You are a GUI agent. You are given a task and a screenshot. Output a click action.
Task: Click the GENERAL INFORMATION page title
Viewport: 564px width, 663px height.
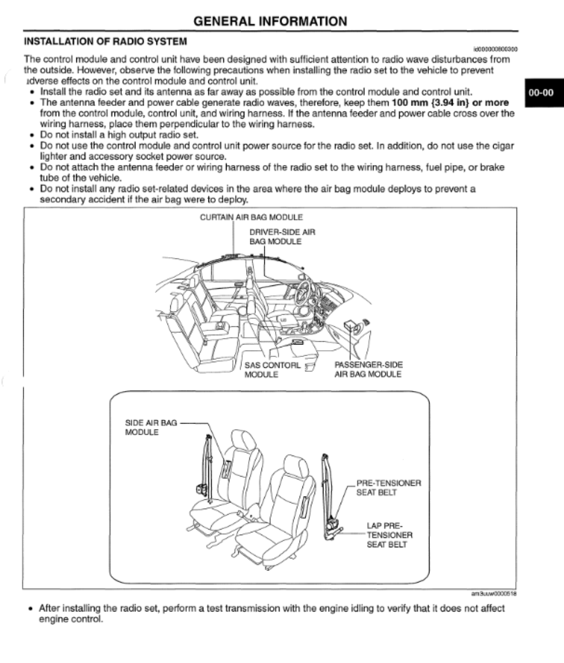click(270, 21)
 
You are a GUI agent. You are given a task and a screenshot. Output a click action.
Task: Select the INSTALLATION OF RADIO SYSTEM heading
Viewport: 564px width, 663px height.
click(105, 41)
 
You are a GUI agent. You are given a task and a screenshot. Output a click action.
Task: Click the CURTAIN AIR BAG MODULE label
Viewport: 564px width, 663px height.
click(251, 218)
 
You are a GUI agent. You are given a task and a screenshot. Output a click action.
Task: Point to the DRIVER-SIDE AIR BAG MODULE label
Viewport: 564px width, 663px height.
click(282, 236)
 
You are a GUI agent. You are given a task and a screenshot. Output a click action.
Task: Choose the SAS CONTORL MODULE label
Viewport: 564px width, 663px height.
click(272, 370)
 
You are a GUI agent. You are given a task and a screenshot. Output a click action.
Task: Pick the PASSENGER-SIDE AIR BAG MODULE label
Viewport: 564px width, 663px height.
click(368, 369)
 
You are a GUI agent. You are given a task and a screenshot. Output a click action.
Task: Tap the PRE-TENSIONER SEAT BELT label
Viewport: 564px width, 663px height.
click(388, 488)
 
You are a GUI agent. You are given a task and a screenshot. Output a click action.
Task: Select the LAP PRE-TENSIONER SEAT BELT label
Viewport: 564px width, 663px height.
click(389, 535)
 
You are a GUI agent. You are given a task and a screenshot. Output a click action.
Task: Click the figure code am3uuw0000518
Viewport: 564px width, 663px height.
click(494, 593)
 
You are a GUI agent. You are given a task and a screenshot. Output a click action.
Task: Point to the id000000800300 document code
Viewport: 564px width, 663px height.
click(495, 50)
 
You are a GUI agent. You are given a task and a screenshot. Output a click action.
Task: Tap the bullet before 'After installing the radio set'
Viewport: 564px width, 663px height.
click(32, 609)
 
